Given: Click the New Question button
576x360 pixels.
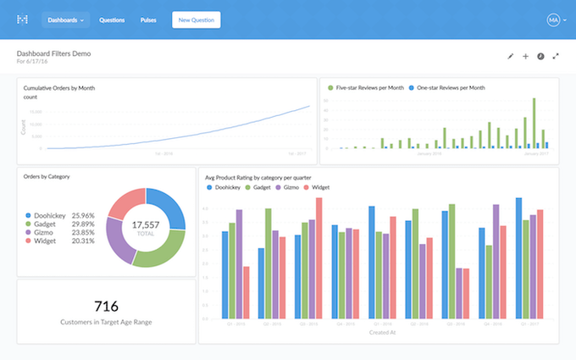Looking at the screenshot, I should pos(196,19).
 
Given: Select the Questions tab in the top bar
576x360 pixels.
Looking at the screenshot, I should pos(112,19).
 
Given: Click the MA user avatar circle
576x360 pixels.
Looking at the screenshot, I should pos(554,19).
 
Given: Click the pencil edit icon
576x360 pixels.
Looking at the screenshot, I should pos(510,56).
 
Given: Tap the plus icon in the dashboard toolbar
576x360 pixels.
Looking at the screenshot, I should pos(525,56).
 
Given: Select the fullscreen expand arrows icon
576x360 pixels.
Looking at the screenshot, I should pos(556,56).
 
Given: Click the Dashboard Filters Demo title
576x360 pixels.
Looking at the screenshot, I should pos(53,53).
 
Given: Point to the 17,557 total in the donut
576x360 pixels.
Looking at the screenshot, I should pos(146,224).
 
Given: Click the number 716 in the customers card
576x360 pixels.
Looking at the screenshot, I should pos(106,306).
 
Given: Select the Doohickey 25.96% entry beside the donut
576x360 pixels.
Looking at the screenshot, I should pos(64,215).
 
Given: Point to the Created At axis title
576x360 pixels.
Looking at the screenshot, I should pos(379,333).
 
